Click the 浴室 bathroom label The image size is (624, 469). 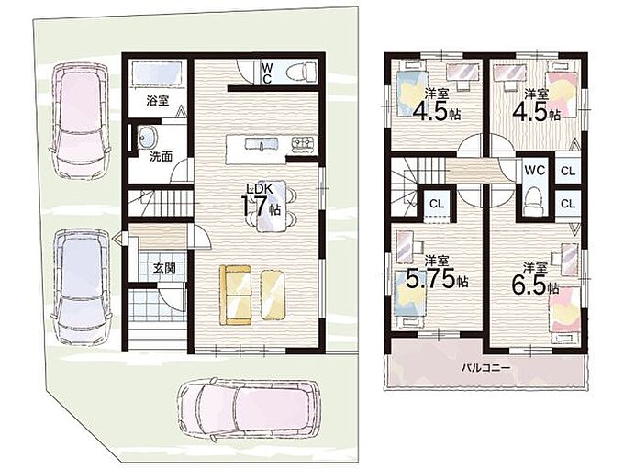pos(158,101)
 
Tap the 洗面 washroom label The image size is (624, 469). pos(161,157)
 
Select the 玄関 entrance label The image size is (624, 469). pos(164,268)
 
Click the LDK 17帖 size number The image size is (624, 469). pos(261,205)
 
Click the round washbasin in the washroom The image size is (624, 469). pos(147,137)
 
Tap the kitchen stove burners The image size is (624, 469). pos(304,142)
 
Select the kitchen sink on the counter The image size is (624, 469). pos(261,143)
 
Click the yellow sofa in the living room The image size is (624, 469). pos(236,296)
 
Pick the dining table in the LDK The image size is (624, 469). pos(272,206)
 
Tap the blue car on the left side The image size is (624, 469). pos(81,285)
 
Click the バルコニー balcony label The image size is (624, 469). pos(485,368)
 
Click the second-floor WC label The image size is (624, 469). pos(534,171)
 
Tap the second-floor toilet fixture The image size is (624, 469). pos(532,201)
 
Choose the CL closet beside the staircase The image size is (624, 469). pos(437,204)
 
